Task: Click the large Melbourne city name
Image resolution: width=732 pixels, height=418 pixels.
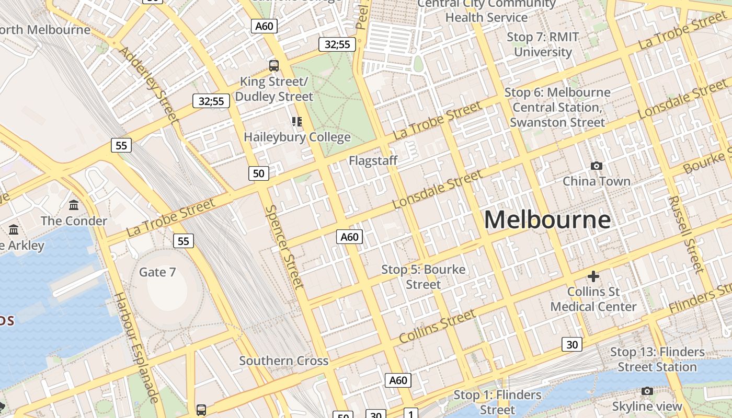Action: tap(547, 219)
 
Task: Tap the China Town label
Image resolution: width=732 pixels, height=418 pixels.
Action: tap(596, 181)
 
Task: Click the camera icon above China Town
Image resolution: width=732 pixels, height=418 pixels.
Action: tap(596, 166)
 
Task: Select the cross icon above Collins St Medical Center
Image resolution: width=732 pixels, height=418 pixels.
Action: tap(593, 276)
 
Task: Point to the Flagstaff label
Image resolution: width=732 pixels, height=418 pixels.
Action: tap(373, 160)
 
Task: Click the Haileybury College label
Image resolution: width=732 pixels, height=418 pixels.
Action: tap(297, 137)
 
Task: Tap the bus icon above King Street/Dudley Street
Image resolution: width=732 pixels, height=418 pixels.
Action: tap(274, 66)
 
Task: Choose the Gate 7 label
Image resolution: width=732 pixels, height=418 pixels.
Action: tap(157, 272)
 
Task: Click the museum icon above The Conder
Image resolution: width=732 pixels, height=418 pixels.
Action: tap(74, 205)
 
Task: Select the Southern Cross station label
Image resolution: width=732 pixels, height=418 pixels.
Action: tap(283, 361)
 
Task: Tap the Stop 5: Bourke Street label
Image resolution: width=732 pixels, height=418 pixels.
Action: tap(423, 277)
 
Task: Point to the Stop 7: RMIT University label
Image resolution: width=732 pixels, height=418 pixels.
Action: tap(543, 44)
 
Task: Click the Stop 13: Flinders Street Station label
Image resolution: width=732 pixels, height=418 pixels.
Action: tap(657, 359)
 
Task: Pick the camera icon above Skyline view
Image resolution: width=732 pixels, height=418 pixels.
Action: tap(647, 391)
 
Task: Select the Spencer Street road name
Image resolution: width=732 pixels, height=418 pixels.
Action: tap(284, 247)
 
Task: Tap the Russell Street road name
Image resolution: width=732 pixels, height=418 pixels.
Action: tap(685, 234)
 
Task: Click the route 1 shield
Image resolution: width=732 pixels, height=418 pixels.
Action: tap(411, 414)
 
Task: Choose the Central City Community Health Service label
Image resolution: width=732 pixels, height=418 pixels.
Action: tap(486, 10)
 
